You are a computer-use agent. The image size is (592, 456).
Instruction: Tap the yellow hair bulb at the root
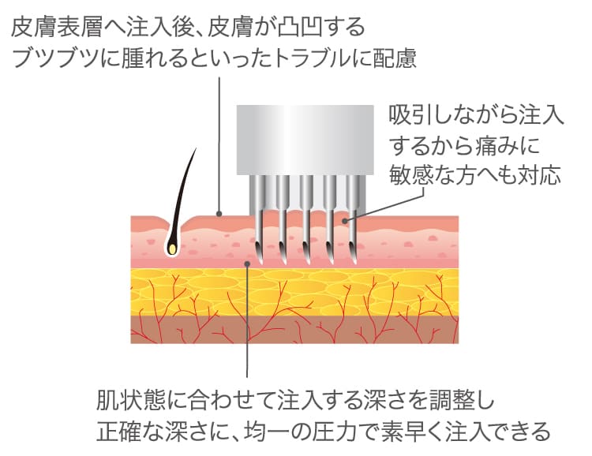[172, 249]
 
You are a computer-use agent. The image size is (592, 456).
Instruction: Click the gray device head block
[305, 140]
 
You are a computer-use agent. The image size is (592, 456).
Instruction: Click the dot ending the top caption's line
[219, 215]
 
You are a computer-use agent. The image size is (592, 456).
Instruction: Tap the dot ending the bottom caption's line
[247, 263]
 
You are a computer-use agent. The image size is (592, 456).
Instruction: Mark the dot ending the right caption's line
[344, 220]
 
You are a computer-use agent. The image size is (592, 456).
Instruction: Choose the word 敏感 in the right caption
[410, 175]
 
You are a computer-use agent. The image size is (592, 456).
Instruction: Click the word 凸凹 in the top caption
[300, 28]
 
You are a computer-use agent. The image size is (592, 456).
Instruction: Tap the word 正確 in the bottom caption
[119, 431]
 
